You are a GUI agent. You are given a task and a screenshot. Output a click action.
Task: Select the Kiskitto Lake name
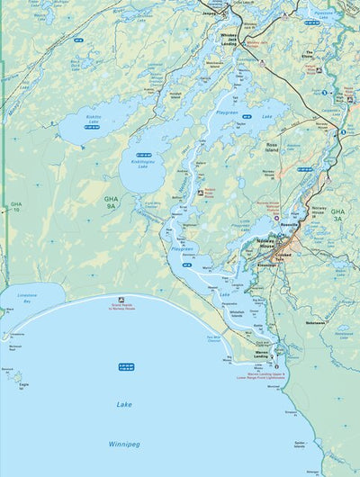(x=94, y=119)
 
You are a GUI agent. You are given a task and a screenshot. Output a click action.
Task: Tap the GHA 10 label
(x=15, y=207)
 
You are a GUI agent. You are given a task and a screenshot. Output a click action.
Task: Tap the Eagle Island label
(x=19, y=384)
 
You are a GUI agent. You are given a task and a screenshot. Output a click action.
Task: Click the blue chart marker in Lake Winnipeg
(x=126, y=366)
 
